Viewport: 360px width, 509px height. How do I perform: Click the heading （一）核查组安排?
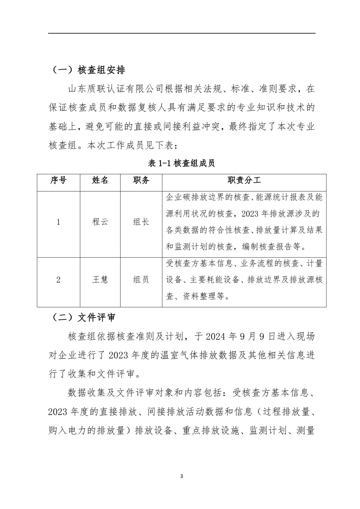click(87, 70)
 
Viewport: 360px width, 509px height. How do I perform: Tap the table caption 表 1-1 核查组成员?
click(182, 163)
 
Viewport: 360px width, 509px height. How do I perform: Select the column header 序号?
click(58, 181)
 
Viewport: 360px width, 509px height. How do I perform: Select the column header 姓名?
click(100, 181)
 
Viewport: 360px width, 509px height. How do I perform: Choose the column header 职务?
click(141, 181)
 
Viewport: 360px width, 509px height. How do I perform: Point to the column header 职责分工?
click(244, 181)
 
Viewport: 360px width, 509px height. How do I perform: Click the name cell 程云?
click(100, 222)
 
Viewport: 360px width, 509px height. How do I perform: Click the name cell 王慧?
click(100, 279)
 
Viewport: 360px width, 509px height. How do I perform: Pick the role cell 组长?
click(141, 222)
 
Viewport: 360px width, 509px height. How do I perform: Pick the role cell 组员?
click(141, 279)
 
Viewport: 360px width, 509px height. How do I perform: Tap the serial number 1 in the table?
click(58, 222)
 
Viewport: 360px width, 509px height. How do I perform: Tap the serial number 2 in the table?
click(58, 279)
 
